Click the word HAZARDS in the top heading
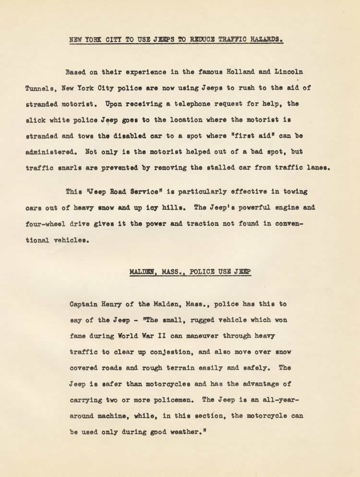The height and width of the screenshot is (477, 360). (263, 40)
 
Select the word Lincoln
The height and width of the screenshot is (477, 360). (287, 72)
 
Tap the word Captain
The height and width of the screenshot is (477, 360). (84, 304)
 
